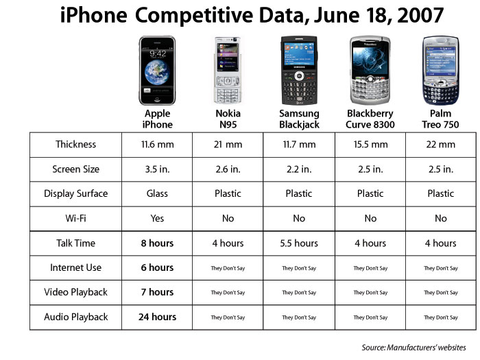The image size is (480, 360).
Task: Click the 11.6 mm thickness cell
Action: point(157,145)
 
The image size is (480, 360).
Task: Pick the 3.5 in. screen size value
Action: point(157,169)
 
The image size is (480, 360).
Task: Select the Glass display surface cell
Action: point(157,194)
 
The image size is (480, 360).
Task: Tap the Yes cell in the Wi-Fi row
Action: point(157,219)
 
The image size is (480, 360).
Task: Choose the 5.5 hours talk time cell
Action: point(299,243)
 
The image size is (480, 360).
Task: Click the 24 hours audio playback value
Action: point(157,317)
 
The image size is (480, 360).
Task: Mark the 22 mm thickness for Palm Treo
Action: point(440,145)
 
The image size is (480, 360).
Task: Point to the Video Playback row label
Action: point(75,293)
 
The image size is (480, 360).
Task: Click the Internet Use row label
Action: point(75,268)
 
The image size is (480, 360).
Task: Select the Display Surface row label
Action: point(75,194)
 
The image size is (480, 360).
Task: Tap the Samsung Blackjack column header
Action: point(299,119)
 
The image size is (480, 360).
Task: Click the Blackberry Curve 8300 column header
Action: point(370,119)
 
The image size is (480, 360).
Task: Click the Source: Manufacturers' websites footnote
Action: point(413,347)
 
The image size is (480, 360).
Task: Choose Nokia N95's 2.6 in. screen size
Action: point(228,169)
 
